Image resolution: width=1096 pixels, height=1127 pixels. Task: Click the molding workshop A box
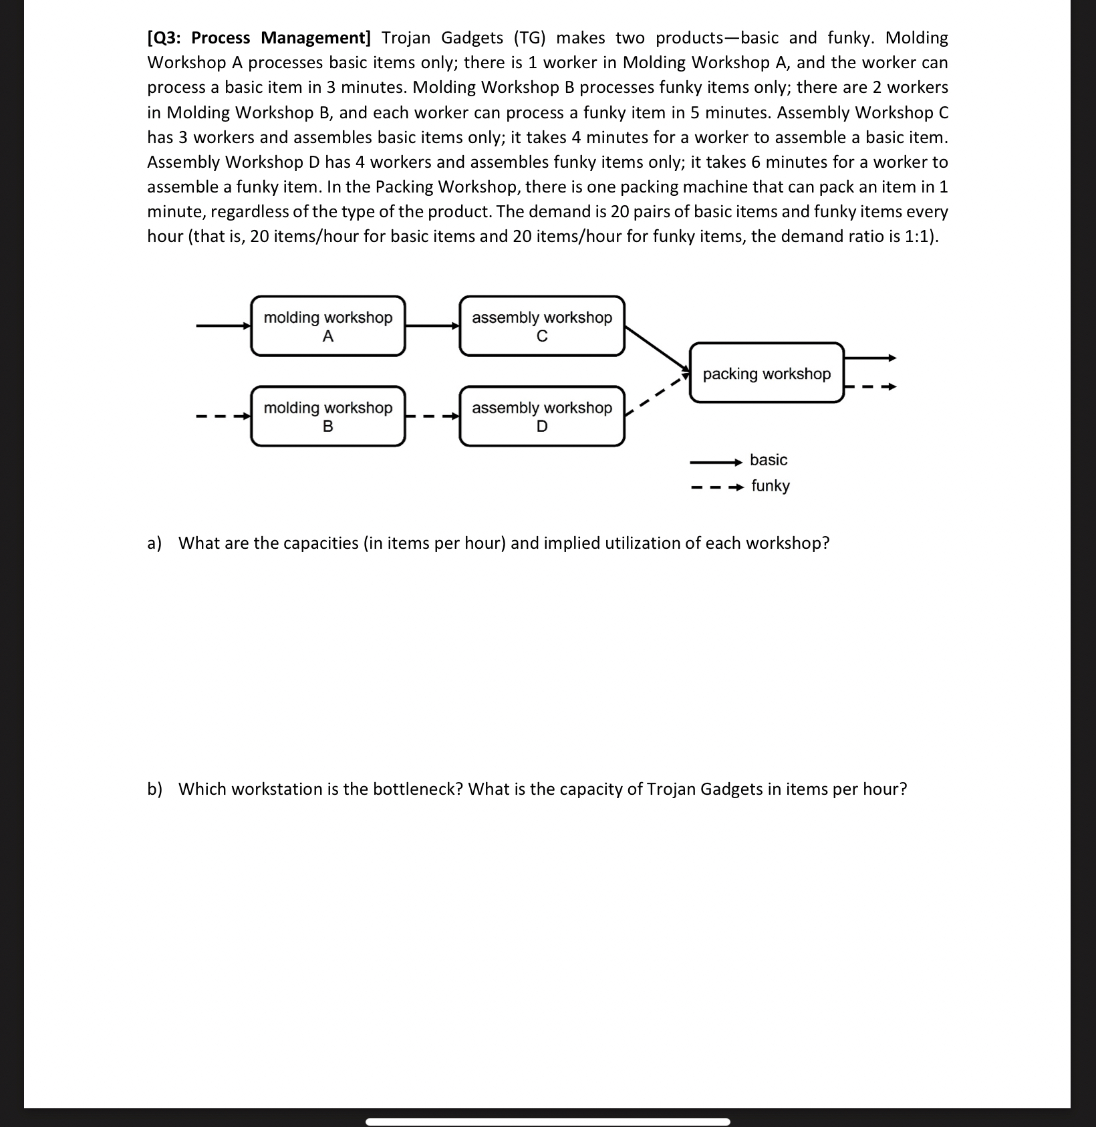(327, 326)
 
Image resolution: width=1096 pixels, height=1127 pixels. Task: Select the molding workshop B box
(327, 416)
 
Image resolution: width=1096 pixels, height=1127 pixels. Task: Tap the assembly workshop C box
(541, 326)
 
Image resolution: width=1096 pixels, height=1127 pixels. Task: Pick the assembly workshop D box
(541, 416)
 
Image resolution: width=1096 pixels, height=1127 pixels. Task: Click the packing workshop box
(767, 374)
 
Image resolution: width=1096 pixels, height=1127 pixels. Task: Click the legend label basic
(769, 460)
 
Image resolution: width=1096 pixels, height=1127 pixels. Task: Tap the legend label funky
(770, 486)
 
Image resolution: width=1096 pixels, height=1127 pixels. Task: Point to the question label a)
(154, 543)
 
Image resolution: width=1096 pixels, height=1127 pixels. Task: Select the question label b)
(154, 789)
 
